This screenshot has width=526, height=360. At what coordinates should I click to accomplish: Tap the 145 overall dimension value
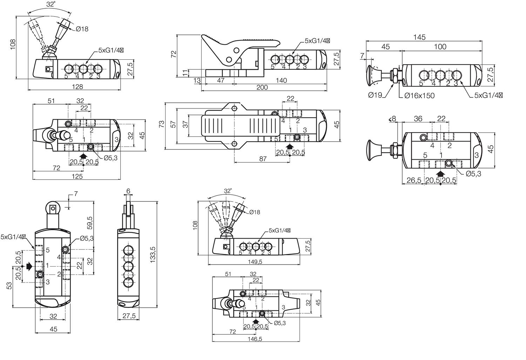pos(419,37)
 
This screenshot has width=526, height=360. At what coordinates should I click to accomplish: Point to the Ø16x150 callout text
pos(419,95)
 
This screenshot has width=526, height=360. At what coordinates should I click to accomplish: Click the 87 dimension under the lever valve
pos(263,159)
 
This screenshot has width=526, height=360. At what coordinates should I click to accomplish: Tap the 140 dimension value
pos(281,80)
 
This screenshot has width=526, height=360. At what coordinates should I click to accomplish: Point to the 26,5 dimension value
pos(414,180)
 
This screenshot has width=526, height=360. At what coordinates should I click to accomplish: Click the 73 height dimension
pos(161,124)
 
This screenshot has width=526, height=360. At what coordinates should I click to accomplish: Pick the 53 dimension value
pos(9,286)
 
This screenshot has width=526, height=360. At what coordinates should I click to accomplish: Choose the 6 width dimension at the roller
pos(128,191)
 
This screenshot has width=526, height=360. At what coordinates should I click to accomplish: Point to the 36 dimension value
pos(418,119)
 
